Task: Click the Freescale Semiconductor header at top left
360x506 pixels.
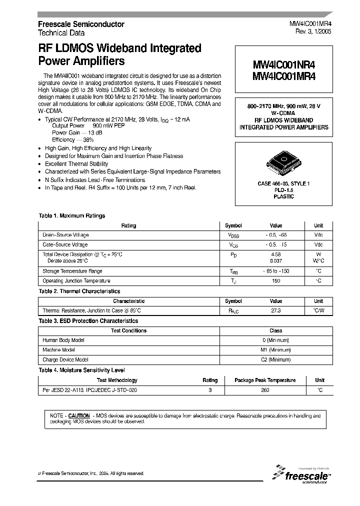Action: (x=81, y=24)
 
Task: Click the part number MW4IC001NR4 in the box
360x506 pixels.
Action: (x=283, y=65)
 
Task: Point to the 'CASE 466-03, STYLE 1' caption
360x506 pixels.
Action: (x=283, y=184)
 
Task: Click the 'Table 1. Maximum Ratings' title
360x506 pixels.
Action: (x=72, y=216)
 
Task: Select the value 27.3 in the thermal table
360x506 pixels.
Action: (x=275, y=310)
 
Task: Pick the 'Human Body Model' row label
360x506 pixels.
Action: (x=63, y=340)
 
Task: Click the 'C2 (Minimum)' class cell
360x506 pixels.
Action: (x=275, y=359)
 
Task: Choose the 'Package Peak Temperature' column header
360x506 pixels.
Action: (x=265, y=380)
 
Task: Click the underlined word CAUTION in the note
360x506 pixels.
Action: (x=79, y=415)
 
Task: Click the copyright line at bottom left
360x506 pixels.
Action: (x=91, y=473)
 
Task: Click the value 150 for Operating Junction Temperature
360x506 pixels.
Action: (x=275, y=281)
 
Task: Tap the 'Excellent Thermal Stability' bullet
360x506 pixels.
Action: (x=76, y=164)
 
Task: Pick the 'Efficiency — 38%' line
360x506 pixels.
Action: (x=73, y=140)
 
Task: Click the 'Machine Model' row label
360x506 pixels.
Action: (x=59, y=350)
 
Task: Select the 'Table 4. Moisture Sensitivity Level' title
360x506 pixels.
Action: (x=81, y=370)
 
